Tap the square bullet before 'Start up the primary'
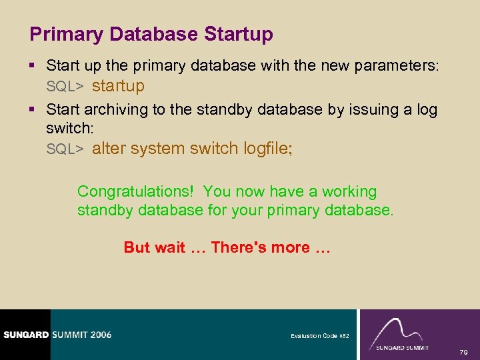(34, 66)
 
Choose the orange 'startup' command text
(118, 86)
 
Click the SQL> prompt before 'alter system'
(65, 149)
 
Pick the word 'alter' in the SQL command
(109, 149)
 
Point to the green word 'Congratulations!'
(135, 192)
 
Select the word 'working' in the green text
(349, 192)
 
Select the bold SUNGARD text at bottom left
(26, 335)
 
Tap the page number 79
(464, 351)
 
